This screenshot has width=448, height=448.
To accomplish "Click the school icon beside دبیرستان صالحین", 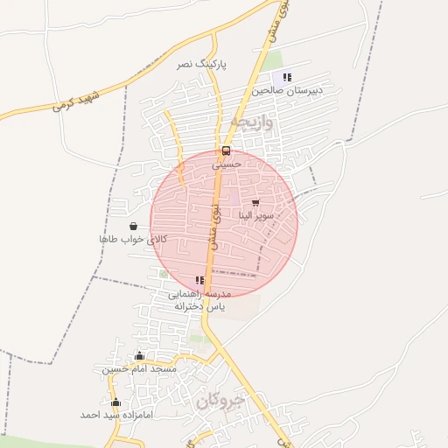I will pyautogui.click(x=288, y=78).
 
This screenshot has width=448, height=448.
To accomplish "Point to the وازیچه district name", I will pyautogui.click(x=254, y=122).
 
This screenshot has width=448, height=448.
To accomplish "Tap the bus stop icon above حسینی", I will pyautogui.click(x=227, y=150).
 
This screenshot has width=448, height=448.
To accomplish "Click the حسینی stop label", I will pyautogui.click(x=227, y=163).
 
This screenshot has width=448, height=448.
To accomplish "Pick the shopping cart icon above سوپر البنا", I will pyautogui.click(x=255, y=203).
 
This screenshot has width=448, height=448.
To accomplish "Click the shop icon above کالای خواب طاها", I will pyautogui.click(x=133, y=226).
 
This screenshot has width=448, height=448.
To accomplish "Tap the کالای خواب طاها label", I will pyautogui.click(x=132, y=239).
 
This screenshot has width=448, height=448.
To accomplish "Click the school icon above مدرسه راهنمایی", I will pyautogui.click(x=200, y=281).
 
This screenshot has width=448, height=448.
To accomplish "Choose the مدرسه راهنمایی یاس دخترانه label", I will pyautogui.click(x=200, y=300).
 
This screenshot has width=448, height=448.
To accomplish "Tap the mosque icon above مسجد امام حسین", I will pyautogui.click(x=140, y=356).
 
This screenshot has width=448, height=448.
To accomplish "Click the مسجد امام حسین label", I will pyautogui.click(x=140, y=369).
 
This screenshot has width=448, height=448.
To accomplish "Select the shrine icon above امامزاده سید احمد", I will pyautogui.click(x=116, y=402).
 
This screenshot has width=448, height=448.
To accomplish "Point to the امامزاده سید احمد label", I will pyautogui.click(x=116, y=415).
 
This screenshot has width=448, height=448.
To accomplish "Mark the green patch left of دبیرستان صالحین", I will pyautogui.click(x=273, y=60).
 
